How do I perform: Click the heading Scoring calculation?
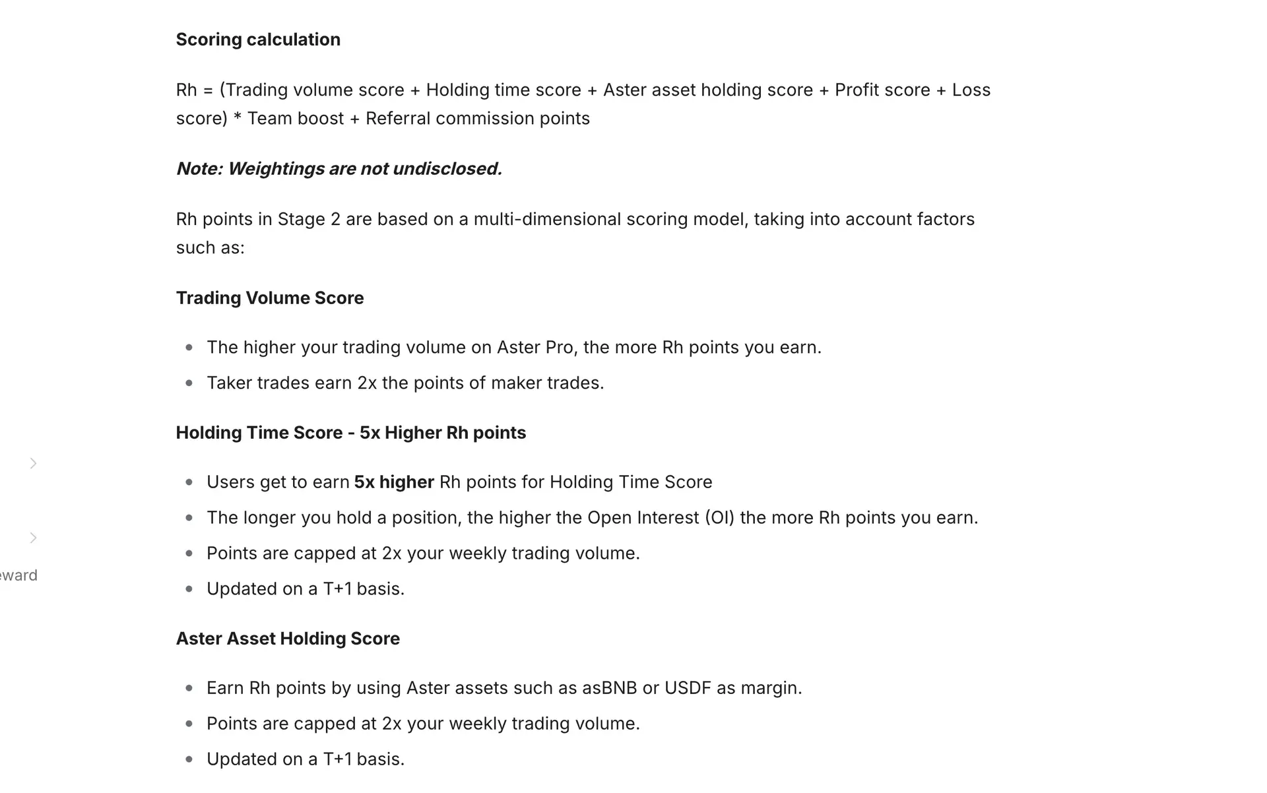tap(258, 40)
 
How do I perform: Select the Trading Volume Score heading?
tap(269, 298)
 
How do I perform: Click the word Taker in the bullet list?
tap(228, 383)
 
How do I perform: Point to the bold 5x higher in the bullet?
tap(394, 482)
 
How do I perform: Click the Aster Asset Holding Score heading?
tap(288, 639)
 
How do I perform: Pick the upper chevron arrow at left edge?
tap(33, 464)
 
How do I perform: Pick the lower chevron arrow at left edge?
tap(33, 538)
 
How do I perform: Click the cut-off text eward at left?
tap(18, 575)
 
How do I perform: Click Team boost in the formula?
tap(295, 119)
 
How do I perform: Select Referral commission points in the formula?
tap(477, 119)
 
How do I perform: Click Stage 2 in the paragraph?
tap(308, 220)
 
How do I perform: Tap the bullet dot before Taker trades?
tap(189, 383)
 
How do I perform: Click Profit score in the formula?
tap(882, 90)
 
